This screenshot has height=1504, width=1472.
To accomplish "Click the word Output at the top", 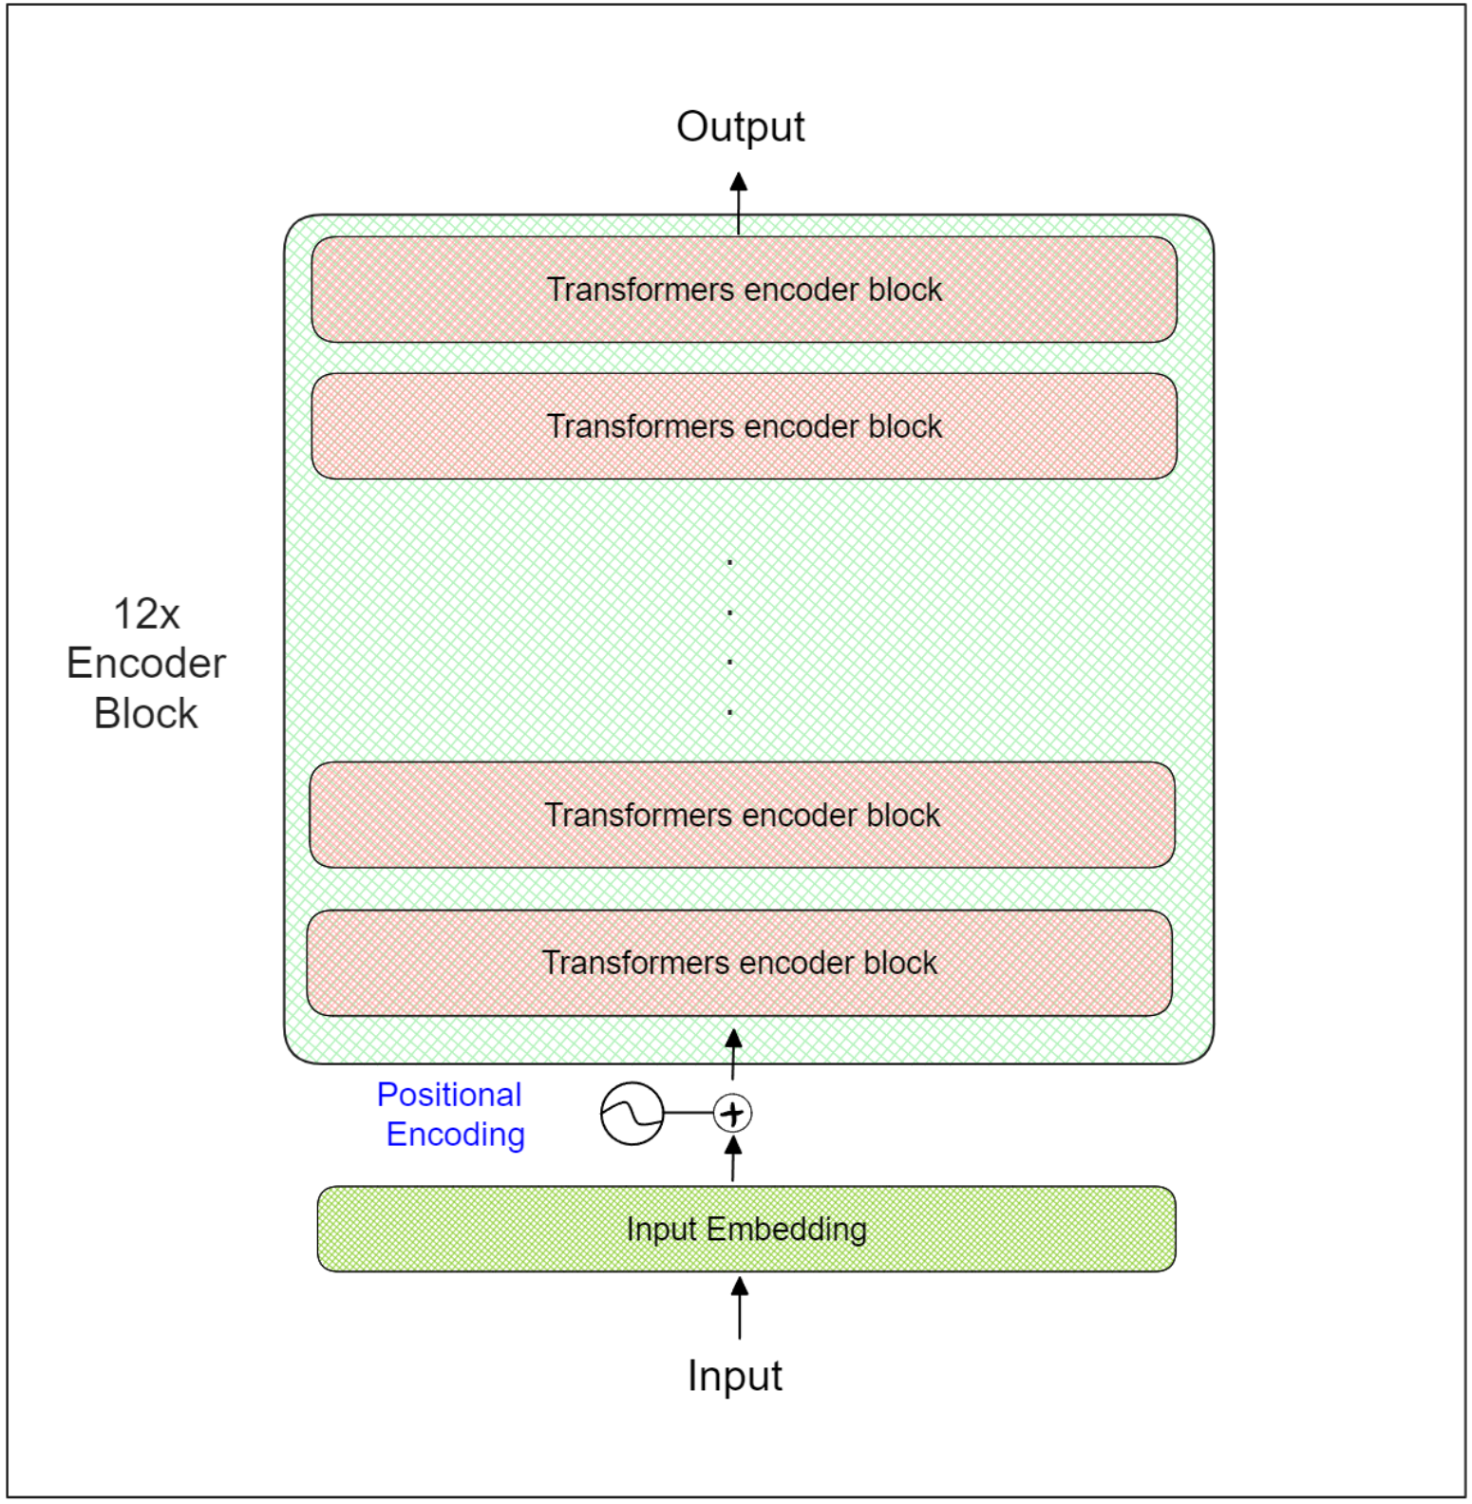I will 740,127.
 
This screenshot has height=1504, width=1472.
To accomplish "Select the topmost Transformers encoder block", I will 744,290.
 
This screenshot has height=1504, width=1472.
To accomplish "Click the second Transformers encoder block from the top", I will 744,426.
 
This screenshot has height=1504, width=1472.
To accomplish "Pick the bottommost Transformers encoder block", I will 739,963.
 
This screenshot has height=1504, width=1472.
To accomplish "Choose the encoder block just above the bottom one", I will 742,815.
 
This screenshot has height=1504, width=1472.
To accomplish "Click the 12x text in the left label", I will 146,614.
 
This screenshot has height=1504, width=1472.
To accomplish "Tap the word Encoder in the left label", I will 146,663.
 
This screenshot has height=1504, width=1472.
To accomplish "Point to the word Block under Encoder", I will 145,713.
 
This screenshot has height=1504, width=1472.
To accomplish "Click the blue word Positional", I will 449,1095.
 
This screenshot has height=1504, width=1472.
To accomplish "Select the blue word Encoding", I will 456,1135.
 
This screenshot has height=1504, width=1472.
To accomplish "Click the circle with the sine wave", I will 632,1113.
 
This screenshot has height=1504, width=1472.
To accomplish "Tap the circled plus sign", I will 732,1113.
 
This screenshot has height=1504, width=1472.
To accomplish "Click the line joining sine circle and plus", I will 689,1113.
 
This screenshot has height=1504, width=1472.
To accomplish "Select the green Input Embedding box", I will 745,1229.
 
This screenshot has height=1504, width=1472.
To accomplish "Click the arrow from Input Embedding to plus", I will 732,1159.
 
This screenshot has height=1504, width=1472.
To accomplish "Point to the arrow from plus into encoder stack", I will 732,1054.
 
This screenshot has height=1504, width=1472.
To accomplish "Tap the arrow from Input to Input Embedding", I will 739,1308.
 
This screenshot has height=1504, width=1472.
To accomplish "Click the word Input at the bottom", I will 734,1376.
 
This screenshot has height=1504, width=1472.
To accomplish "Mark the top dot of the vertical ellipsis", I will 729,563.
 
